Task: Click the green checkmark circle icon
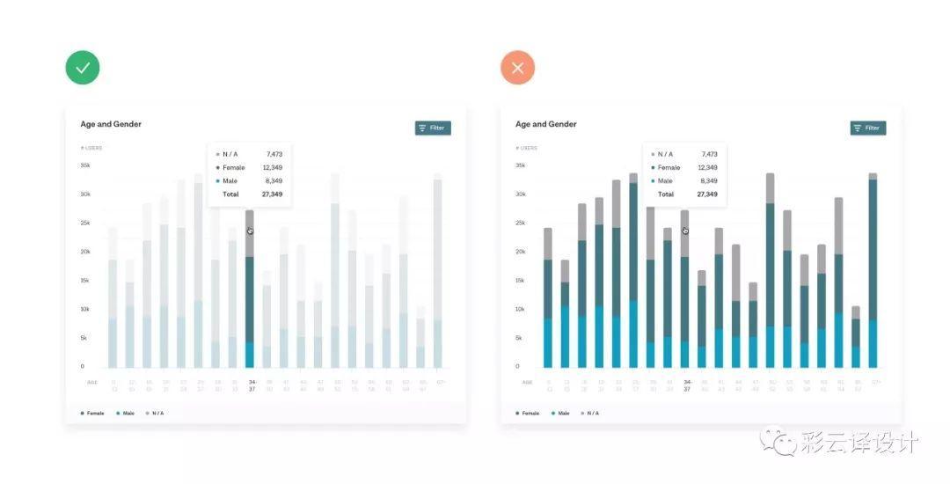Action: coord(83,68)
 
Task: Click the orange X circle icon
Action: coord(518,68)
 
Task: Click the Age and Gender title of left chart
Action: coord(111,124)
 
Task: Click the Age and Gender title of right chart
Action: coord(546,124)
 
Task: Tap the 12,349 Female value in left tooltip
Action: coord(272,167)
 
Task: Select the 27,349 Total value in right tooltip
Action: coord(707,194)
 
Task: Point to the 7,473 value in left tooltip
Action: coord(274,154)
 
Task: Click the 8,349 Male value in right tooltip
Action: coord(709,180)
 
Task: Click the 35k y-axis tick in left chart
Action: coord(85,165)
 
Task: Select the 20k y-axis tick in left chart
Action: coord(85,252)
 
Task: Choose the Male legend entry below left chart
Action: coord(126,413)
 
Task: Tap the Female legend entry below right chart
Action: coord(529,413)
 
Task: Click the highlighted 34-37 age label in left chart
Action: coord(252,385)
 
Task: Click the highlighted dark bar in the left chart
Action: coord(250,299)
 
